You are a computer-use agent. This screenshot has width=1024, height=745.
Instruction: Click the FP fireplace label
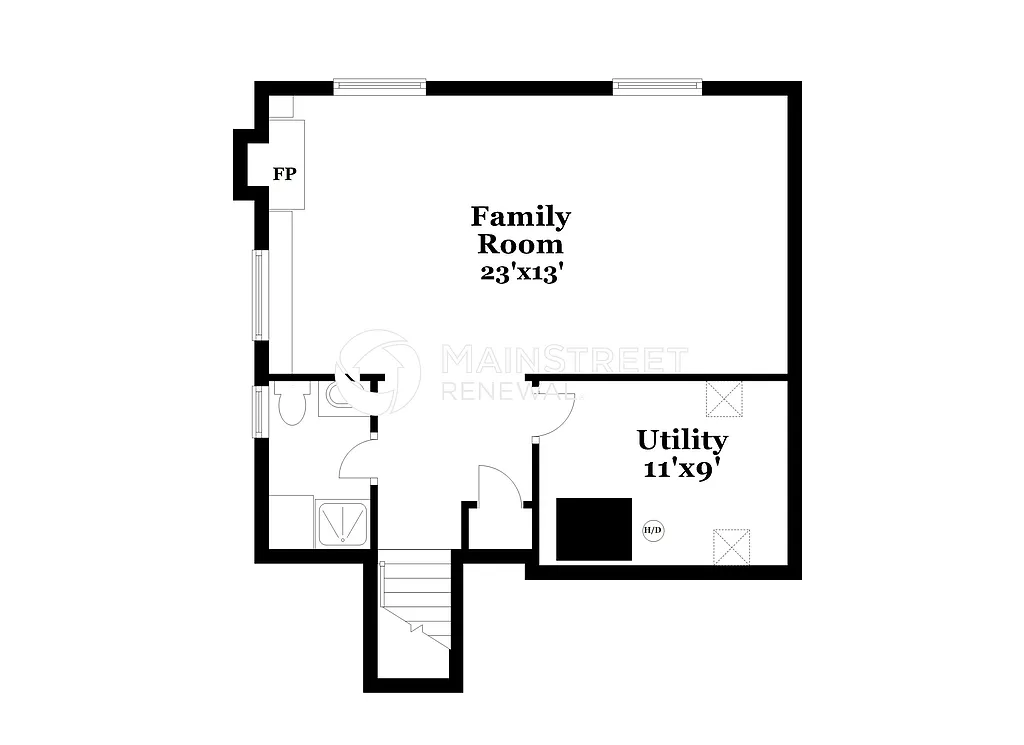coord(285,174)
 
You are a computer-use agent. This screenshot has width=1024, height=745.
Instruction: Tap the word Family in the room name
coord(520,216)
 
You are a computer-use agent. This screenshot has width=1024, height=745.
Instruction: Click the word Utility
coord(682,440)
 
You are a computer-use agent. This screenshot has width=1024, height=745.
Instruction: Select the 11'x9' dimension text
coord(683,468)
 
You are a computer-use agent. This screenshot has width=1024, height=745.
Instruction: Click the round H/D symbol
coord(652,529)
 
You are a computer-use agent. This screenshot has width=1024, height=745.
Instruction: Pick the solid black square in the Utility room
coord(594,529)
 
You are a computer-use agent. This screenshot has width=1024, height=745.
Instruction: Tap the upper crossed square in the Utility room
coord(724,398)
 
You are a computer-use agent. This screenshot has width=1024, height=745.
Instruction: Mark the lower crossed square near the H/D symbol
coord(731,546)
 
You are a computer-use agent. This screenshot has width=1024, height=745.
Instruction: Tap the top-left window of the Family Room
coord(380,87)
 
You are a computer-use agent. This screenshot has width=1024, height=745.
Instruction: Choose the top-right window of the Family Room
coord(657,87)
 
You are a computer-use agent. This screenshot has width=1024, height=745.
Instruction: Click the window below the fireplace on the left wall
coord(260,295)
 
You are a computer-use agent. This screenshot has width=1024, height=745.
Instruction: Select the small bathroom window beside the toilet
coord(260,411)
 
